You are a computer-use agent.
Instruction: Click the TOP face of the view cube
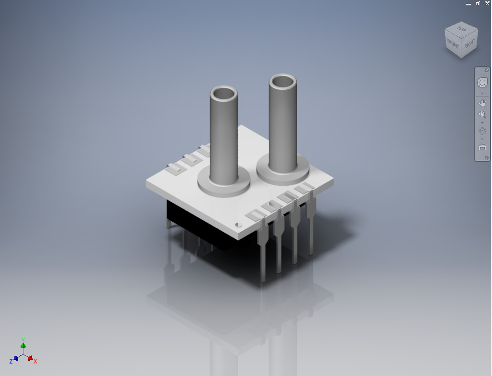click(461, 29)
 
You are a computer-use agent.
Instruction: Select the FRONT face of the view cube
click(453, 44)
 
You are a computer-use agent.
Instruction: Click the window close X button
click(487, 3)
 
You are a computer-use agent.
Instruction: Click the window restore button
click(478, 3)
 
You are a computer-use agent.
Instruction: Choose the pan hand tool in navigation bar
click(482, 103)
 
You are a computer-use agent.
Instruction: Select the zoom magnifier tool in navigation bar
click(482, 115)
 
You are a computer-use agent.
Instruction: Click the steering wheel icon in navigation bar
click(482, 83)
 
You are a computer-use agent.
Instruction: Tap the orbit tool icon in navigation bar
click(482, 130)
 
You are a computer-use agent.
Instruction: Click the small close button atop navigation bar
click(487, 70)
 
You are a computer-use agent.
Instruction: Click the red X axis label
click(35, 362)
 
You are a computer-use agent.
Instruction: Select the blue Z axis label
click(11, 362)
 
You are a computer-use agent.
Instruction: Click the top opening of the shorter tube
click(224, 92)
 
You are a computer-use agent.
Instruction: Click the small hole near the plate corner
click(237, 224)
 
